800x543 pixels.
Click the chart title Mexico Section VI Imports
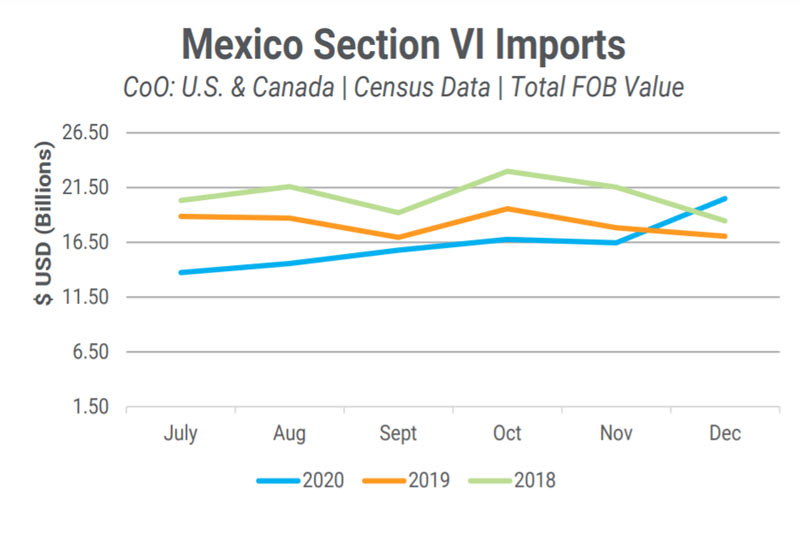(405, 44)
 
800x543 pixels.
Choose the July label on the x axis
(180, 434)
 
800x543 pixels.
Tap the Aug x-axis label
(289, 434)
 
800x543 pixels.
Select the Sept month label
(398, 434)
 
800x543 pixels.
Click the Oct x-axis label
(507, 434)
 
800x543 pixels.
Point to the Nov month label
(616, 434)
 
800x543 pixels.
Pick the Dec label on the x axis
(725, 434)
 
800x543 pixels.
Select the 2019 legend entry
(428, 480)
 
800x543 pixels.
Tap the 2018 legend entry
(533, 480)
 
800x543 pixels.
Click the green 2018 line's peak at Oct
(508, 171)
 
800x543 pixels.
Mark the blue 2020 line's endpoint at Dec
(725, 198)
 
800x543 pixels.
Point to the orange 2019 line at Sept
(398, 238)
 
